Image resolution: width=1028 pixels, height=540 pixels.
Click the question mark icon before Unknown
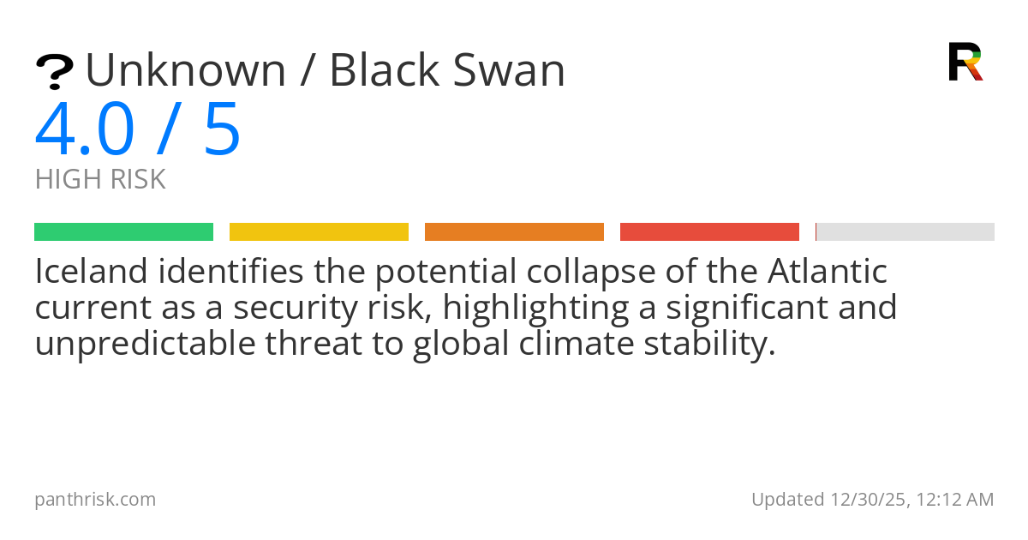(54, 72)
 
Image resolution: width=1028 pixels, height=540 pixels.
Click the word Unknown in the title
(186, 70)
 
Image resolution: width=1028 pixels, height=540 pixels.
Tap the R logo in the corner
(965, 62)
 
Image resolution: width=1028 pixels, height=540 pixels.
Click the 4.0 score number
(85, 129)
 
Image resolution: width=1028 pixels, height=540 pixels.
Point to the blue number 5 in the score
(222, 129)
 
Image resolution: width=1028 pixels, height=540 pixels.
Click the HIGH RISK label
(100, 180)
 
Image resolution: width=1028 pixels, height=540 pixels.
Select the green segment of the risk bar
(123, 231)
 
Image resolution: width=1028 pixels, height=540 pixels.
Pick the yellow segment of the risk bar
(319, 231)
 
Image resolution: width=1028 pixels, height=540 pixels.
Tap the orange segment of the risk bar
(514, 231)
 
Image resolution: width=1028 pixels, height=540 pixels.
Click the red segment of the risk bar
(709, 231)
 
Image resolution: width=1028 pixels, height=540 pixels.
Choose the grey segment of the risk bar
(905, 231)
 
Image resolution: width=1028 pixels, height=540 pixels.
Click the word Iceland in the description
(89, 273)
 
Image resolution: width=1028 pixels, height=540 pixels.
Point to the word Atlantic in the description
(827, 273)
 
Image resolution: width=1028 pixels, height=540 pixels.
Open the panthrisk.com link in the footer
(95, 499)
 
